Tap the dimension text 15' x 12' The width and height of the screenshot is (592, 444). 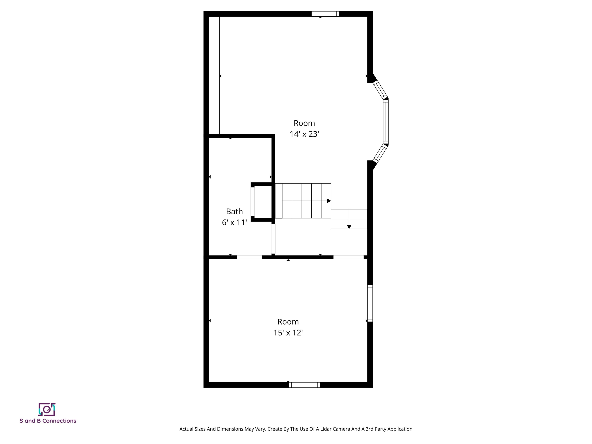click(288, 333)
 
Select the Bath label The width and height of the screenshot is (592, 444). click(235, 211)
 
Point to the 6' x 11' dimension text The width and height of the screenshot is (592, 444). click(235, 222)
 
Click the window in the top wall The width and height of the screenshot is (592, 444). click(325, 14)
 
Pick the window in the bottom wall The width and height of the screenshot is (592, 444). click(304, 385)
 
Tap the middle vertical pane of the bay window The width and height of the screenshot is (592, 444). click(386, 122)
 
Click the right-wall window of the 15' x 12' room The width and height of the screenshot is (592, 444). click(370, 304)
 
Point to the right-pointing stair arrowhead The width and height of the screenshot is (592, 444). click(329, 201)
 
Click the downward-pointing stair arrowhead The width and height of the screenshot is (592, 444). click(349, 227)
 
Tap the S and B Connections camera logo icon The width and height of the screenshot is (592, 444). click(47, 410)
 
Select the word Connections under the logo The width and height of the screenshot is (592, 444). click(59, 421)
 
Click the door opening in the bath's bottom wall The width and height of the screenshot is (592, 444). click(249, 257)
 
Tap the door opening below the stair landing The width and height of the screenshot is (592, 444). click(348, 257)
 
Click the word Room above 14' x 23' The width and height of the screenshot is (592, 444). click(304, 123)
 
